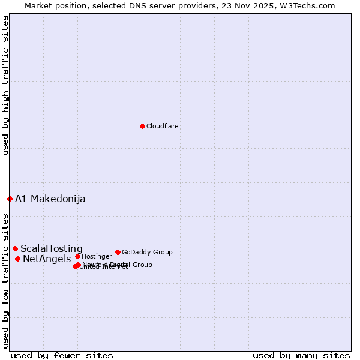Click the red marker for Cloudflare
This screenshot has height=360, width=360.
(142, 126)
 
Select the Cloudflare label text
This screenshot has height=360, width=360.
(163, 127)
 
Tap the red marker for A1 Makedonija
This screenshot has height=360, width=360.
(10, 199)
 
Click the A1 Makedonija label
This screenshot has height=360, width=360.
(50, 199)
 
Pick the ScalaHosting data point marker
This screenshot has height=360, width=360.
(15, 248)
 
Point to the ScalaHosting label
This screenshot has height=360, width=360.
(52, 249)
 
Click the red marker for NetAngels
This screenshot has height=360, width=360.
(17, 259)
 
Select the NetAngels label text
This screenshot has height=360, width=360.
(47, 259)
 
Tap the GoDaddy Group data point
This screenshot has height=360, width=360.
(118, 252)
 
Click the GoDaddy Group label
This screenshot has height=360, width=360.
(147, 253)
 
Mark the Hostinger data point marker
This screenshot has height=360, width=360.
(77, 256)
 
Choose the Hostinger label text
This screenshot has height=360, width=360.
(97, 257)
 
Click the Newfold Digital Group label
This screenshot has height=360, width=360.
(118, 265)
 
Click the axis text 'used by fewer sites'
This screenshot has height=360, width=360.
(62, 355)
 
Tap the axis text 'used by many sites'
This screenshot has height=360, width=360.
(301, 355)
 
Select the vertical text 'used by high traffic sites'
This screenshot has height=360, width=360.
(5, 85)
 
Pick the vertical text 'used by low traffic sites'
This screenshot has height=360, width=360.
(5, 280)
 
